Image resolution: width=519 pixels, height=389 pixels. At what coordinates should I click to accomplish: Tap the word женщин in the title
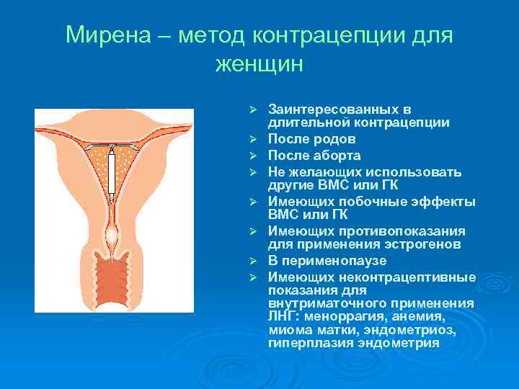(x=259, y=64)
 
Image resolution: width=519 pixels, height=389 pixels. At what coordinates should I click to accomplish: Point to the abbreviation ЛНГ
(x=281, y=316)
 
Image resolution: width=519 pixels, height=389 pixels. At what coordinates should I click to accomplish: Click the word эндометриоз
(x=411, y=329)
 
